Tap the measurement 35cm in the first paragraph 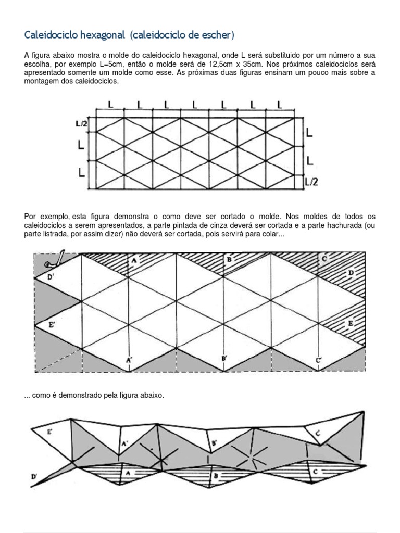[257, 64]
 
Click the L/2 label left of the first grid [81, 123]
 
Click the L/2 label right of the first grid [311, 181]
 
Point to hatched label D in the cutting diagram [351, 273]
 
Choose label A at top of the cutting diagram [133, 259]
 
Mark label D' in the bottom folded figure [34, 476]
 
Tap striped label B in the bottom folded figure [215, 476]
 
